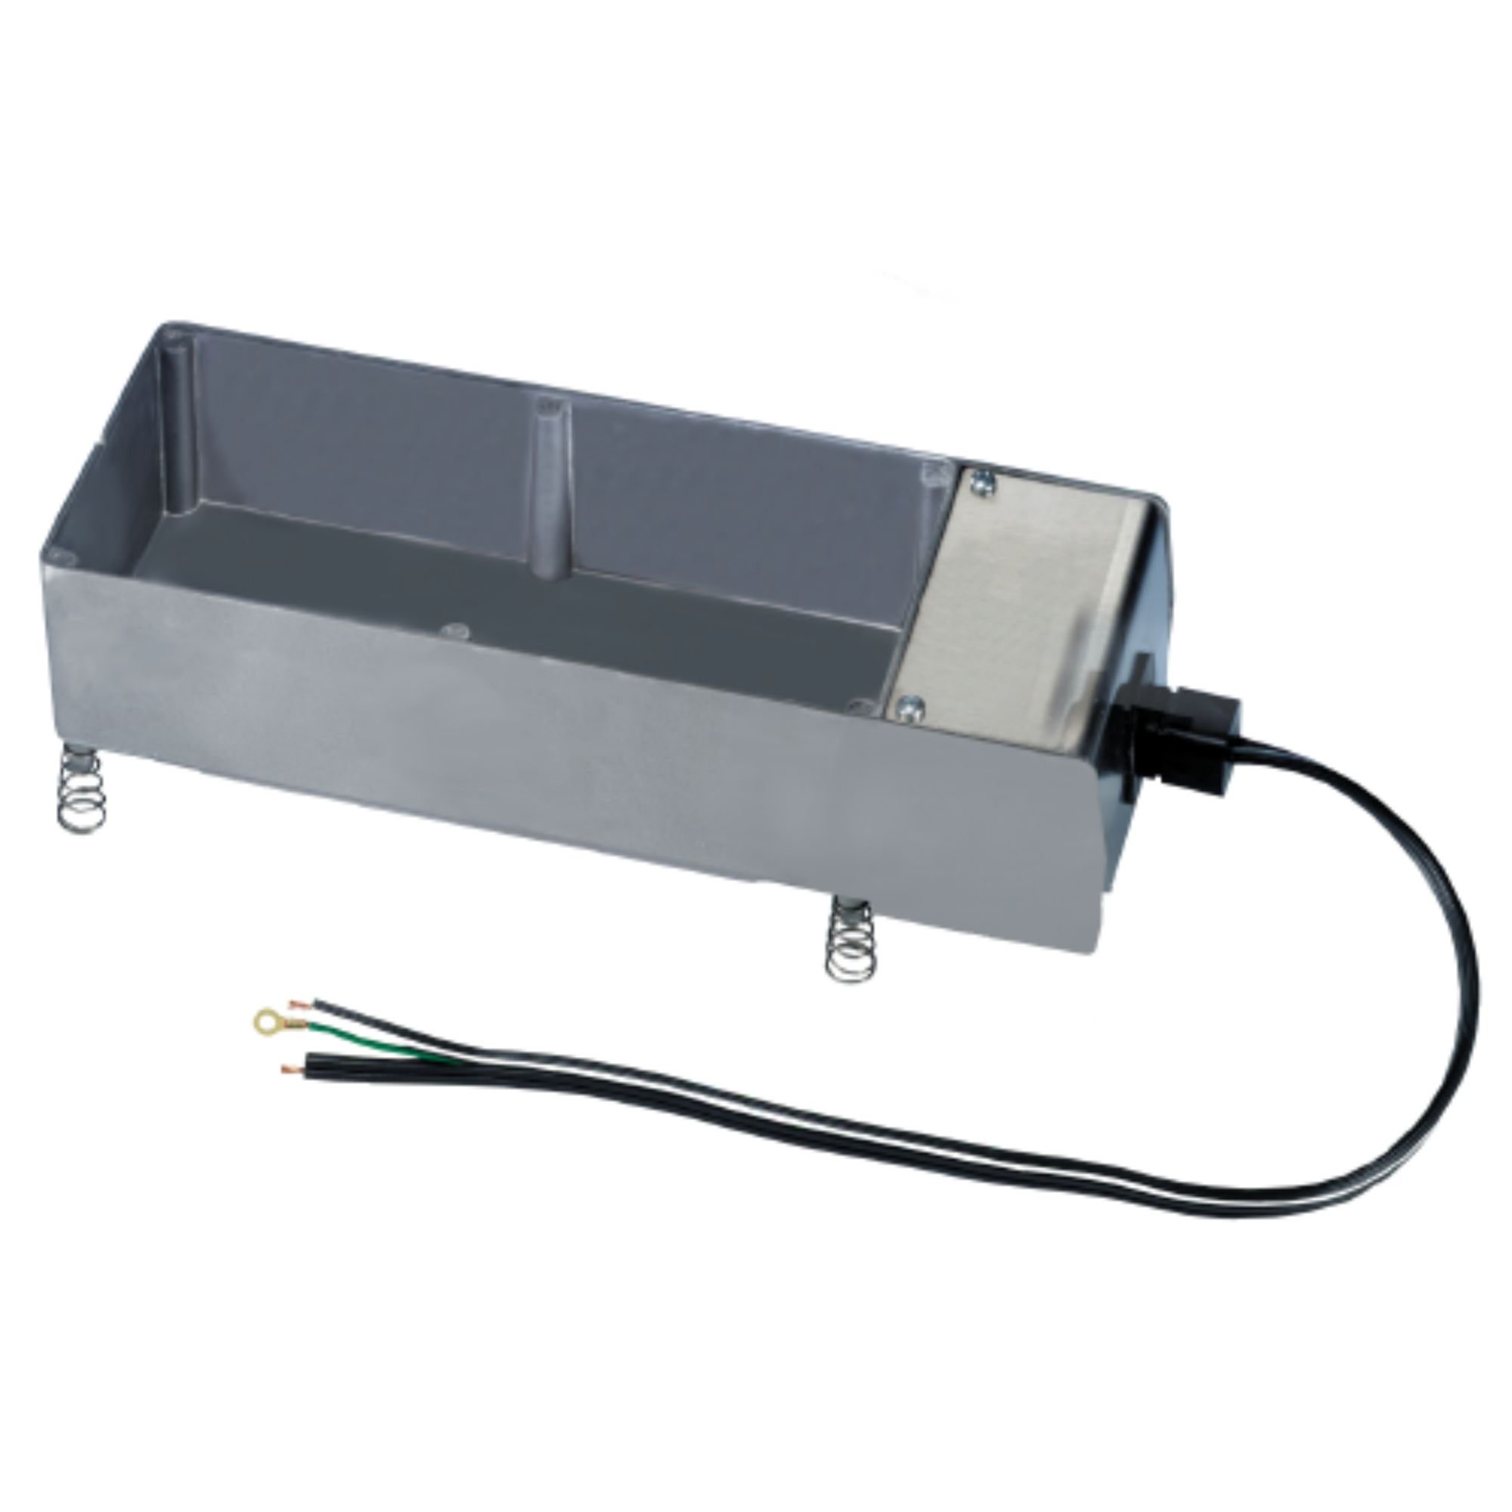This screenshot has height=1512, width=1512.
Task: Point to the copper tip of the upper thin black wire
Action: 298,1002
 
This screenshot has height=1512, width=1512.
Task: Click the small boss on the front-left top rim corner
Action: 63,556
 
